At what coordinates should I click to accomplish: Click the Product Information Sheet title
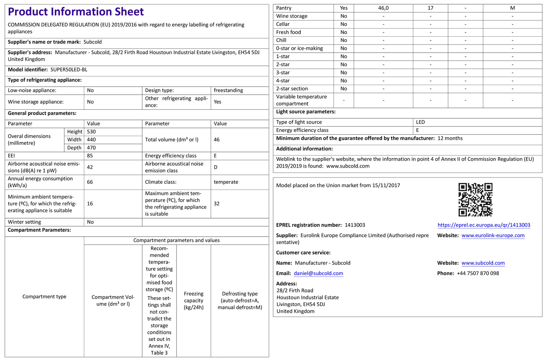tap(76, 12)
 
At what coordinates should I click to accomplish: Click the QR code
tap(475, 200)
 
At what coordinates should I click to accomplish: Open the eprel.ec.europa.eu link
tap(484, 225)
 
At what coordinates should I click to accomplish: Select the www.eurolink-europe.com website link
tap(493, 236)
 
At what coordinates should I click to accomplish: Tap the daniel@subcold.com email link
tap(318, 273)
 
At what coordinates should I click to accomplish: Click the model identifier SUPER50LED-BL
tap(69, 70)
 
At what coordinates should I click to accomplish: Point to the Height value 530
tap(91, 132)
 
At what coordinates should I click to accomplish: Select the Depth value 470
tap(91, 148)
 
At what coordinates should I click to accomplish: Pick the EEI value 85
tap(90, 156)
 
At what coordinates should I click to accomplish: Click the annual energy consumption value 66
tap(90, 182)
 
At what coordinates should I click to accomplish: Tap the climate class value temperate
tap(226, 182)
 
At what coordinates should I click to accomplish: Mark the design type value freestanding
tap(228, 90)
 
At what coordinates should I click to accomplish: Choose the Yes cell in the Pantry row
tap(343, 8)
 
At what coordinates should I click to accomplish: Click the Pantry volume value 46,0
tap(383, 8)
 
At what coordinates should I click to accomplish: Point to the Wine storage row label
tap(292, 16)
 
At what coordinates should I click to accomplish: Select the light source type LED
tap(420, 122)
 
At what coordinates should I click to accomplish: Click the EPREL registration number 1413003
tap(355, 225)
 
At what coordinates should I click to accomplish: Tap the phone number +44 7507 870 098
tap(478, 273)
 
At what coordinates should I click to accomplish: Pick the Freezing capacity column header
tap(193, 301)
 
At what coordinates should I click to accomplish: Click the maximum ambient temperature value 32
tap(217, 203)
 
